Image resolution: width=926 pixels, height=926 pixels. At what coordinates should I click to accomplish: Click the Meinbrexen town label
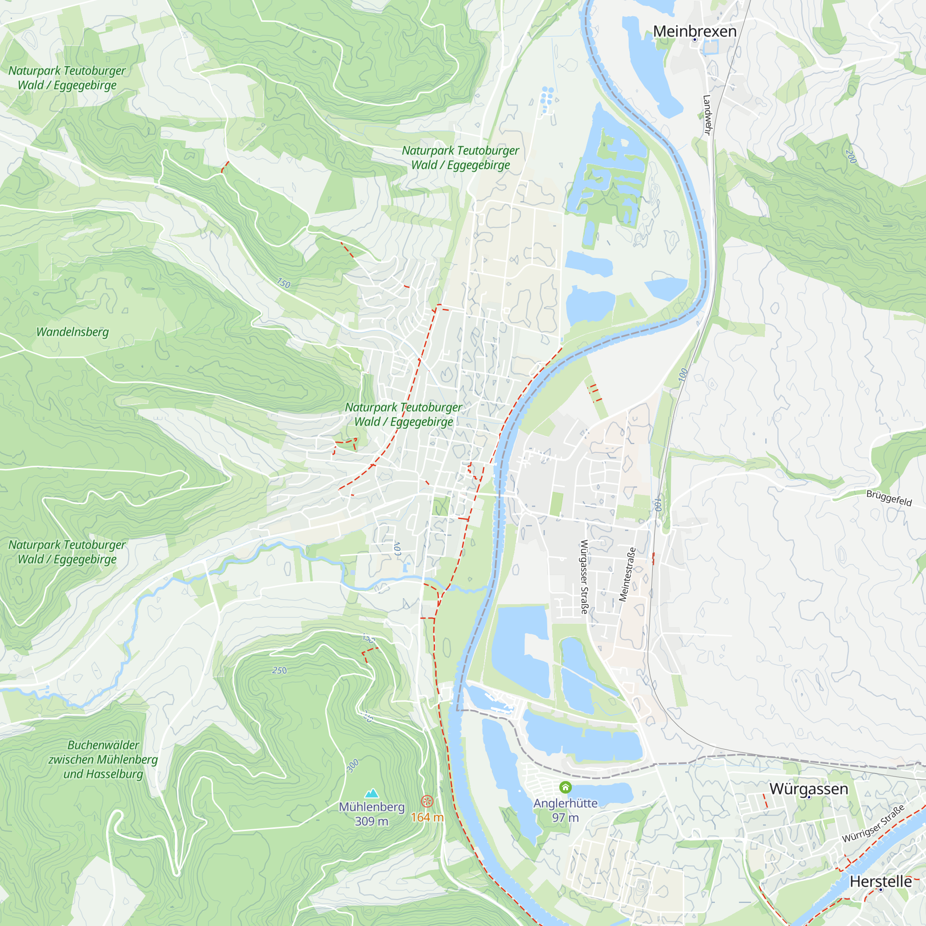[x=694, y=31]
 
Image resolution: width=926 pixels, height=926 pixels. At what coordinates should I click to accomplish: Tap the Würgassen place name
[x=808, y=788]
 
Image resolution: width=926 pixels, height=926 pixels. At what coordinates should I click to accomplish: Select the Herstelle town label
[x=881, y=881]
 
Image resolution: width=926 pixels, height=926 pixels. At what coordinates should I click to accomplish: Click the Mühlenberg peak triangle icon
[x=371, y=793]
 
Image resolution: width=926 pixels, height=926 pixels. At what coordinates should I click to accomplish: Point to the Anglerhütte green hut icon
[x=566, y=787]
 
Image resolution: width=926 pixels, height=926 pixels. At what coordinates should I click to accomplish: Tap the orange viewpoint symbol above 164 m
[x=427, y=801]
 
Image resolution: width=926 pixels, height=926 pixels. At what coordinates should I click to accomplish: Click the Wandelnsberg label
[x=72, y=332]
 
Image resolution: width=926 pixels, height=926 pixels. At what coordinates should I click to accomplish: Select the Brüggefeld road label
[x=888, y=498]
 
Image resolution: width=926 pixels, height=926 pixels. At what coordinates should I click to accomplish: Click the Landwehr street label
[x=707, y=115]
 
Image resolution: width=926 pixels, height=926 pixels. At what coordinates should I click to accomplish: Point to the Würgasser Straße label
[x=584, y=577]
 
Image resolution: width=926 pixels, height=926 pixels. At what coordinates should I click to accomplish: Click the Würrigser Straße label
[x=873, y=823]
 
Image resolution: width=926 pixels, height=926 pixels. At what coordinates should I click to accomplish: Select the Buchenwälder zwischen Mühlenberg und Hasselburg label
[x=103, y=760]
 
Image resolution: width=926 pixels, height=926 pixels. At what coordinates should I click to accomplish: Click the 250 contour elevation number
[x=280, y=670]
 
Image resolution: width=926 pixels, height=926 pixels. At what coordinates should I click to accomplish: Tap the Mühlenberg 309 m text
[x=371, y=814]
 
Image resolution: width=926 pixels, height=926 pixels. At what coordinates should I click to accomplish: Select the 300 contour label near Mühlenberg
[x=352, y=765]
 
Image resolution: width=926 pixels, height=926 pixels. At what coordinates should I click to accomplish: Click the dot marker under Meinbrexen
[x=694, y=40]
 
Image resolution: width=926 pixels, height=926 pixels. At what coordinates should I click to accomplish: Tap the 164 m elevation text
[x=427, y=817]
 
